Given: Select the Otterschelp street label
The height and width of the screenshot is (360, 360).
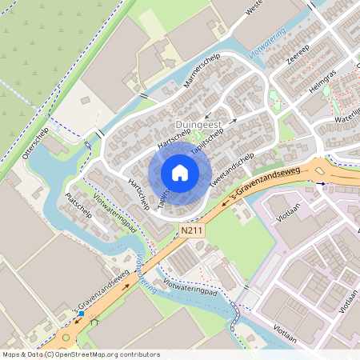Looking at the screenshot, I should click(x=38, y=142).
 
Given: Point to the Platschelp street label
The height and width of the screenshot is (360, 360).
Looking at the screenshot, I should click(x=79, y=205).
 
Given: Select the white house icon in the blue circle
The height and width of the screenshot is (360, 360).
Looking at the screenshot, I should click(x=180, y=172).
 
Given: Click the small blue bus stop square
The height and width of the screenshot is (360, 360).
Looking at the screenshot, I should click(x=82, y=314).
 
